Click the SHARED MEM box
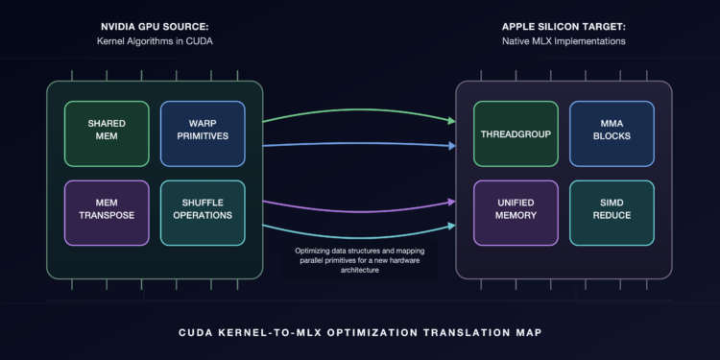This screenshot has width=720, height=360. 107,133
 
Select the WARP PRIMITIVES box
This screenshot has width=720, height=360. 203,133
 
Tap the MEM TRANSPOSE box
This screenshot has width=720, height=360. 107,213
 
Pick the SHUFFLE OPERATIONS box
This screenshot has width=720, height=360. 203,213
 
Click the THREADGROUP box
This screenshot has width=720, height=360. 516,133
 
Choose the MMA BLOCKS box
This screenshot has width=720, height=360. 612,133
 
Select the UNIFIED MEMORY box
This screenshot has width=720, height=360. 516,213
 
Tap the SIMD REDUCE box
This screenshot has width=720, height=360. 612,213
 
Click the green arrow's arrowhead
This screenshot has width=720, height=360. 452,121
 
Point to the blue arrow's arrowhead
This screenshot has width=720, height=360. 452,146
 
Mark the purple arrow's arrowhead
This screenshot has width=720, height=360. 452,202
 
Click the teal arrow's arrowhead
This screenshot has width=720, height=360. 452,226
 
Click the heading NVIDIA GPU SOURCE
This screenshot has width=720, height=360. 155,28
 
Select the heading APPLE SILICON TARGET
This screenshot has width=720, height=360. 564,28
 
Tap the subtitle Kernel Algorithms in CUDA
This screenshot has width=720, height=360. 155,41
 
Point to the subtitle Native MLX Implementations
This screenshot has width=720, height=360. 564,41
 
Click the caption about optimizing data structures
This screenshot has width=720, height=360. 360,261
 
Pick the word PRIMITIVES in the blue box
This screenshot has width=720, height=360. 203,136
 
